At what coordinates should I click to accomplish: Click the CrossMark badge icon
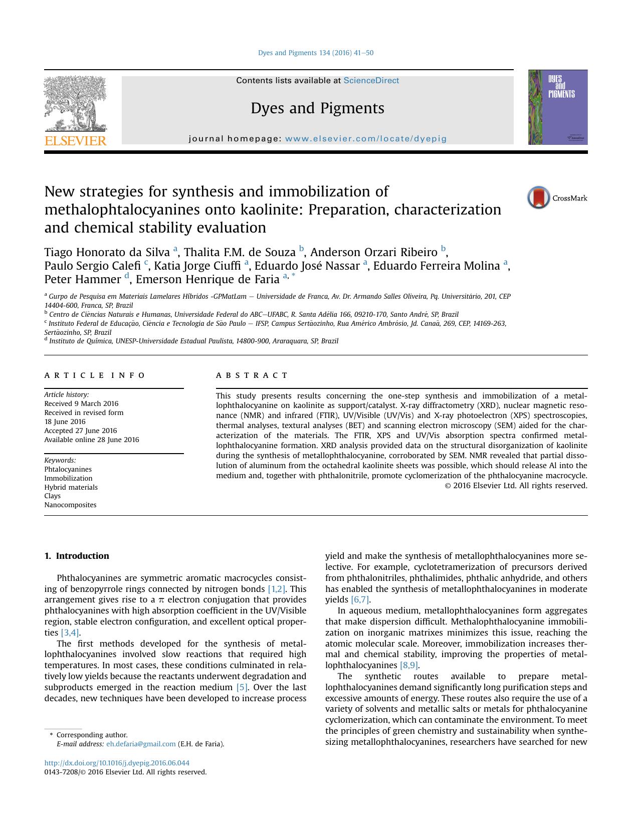coord(539,197)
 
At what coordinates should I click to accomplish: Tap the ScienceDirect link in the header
coord(371,80)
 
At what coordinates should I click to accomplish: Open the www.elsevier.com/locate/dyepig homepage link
coord(365,139)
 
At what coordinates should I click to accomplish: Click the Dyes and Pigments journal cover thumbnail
coord(557,107)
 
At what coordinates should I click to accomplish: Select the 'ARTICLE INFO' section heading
coord(95,375)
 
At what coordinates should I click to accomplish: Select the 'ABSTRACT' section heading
coord(252,375)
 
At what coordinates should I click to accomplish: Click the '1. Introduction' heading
coord(77,556)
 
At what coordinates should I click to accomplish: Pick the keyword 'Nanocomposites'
coord(70,505)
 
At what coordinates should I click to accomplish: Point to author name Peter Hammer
coord(82,279)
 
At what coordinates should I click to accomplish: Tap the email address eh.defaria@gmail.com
coord(141,744)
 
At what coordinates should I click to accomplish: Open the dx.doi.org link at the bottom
coord(117,763)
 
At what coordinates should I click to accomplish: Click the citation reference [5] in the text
coord(242,687)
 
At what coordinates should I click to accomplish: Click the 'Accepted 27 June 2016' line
coord(80,431)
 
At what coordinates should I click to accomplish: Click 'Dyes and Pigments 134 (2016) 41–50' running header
coord(315,53)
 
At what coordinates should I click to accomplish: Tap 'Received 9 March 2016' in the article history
coord(81,403)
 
